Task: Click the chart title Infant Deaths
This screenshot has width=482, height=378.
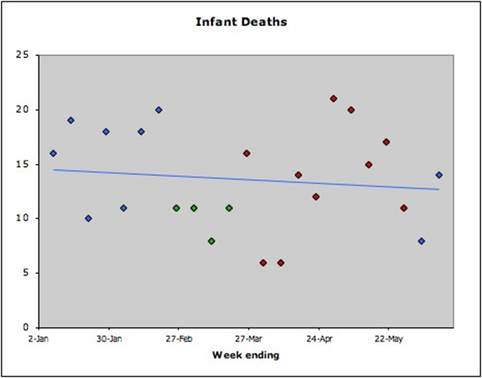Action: (241, 21)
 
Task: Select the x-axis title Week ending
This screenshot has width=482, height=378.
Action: (245, 354)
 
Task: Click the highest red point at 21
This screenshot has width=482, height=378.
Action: (334, 98)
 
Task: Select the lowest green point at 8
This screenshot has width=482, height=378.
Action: (211, 241)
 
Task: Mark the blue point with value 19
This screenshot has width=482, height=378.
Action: (71, 120)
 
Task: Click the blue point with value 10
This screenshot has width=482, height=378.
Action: (88, 218)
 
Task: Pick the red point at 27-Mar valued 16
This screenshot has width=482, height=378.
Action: (247, 154)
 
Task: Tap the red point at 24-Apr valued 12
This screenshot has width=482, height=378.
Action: (316, 197)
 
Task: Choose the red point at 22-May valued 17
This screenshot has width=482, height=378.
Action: (386, 142)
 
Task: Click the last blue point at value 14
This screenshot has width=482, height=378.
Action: (439, 175)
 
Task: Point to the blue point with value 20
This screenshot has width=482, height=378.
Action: (159, 109)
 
